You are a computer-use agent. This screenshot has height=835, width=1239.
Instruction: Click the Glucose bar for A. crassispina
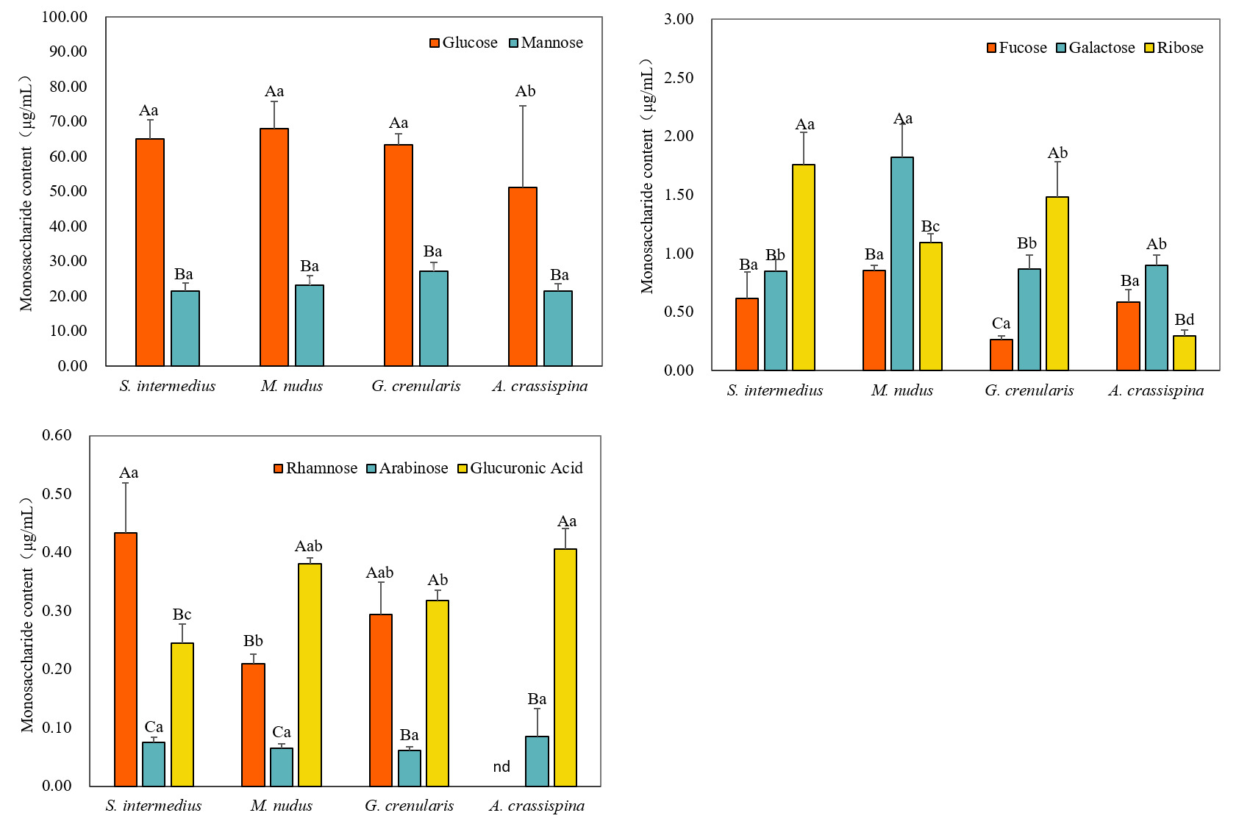tap(523, 276)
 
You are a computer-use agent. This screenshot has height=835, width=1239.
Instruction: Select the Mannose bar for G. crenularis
tap(434, 318)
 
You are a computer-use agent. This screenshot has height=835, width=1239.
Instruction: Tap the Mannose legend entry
tap(546, 43)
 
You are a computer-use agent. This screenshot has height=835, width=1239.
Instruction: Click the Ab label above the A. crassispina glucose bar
tap(525, 92)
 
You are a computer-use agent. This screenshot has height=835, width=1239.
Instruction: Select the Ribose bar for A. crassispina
tap(1184, 353)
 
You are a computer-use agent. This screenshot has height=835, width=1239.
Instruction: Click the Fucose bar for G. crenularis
tap(1001, 354)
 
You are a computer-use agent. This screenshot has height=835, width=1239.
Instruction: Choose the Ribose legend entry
tap(1174, 48)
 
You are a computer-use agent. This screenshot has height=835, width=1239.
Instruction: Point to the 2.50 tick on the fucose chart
tap(678, 78)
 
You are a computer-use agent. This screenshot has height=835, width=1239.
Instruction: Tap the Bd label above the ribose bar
tap(1184, 320)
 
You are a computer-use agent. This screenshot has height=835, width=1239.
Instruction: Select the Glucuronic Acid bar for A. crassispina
tap(565, 667)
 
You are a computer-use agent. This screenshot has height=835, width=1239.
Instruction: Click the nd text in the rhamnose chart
tap(501, 767)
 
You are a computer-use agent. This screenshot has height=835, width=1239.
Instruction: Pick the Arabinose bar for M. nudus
tap(282, 767)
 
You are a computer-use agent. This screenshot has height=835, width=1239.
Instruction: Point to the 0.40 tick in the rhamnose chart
tap(57, 552)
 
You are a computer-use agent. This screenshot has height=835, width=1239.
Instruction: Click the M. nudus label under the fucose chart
tap(902, 390)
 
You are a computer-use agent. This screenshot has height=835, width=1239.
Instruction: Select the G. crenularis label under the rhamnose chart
tap(410, 806)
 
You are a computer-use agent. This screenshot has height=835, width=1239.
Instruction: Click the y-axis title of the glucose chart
tap(26, 193)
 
